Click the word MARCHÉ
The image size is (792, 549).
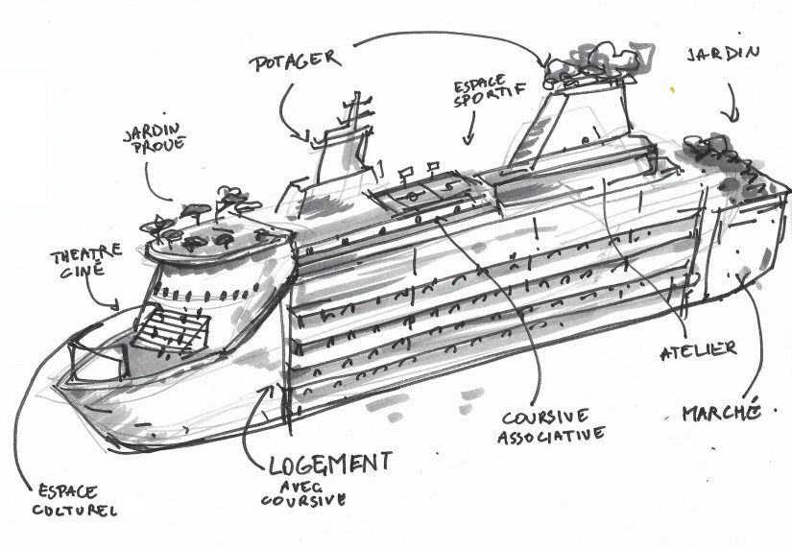coord(721,414)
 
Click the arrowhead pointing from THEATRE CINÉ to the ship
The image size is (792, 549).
coord(118,307)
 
